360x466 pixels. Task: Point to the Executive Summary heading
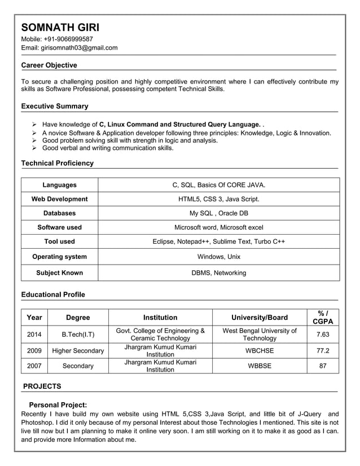point(55,106)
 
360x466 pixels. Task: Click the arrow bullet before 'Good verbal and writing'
point(34,148)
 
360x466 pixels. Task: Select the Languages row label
point(59,185)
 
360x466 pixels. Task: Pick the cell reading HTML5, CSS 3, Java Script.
point(218,199)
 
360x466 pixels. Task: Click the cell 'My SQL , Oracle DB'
point(218,213)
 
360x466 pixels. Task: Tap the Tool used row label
point(59,241)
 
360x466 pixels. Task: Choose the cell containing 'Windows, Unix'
point(218,257)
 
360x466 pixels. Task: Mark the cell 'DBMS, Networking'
point(218,273)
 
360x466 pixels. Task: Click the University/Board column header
point(260,318)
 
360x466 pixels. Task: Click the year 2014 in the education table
point(34,335)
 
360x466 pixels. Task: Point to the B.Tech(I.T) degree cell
point(78,335)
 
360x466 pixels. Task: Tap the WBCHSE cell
point(260,350)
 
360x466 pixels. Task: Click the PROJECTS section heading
point(42,386)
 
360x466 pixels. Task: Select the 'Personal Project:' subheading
point(58,405)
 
